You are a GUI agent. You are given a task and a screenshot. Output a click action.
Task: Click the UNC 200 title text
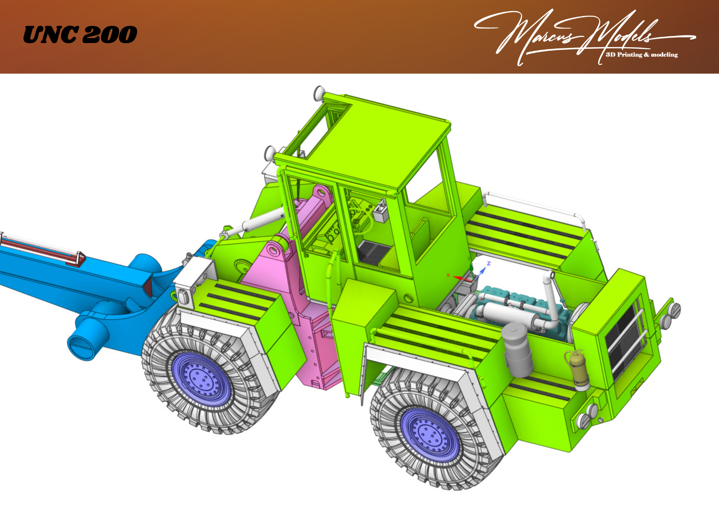pos(80,35)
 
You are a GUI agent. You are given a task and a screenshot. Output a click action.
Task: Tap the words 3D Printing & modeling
pos(641,55)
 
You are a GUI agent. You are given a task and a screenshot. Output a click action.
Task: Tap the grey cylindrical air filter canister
pos(518,350)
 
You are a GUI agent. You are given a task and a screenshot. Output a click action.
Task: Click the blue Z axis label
pos(488,264)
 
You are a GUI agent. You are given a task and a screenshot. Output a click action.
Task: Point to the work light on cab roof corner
pos(319,92)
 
